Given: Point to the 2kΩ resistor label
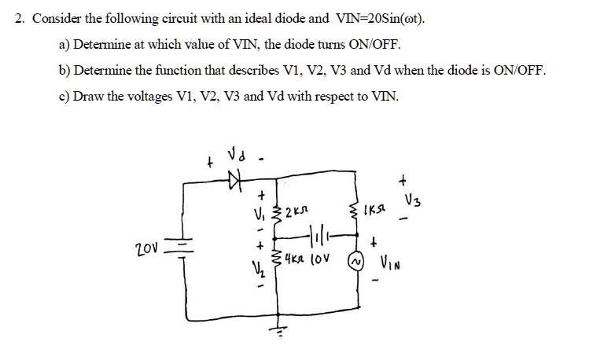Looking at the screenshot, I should point(295,211).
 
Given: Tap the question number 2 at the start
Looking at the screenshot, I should point(20,18).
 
